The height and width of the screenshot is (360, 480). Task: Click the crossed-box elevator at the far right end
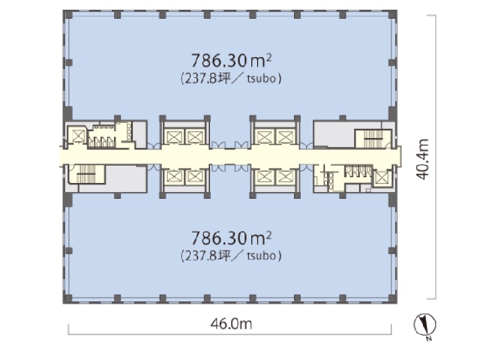pos(382,178)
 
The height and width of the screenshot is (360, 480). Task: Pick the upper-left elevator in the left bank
pos(172,136)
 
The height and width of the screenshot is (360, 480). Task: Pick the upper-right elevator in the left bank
pos(193,136)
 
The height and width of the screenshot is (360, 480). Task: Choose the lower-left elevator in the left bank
pos(172,177)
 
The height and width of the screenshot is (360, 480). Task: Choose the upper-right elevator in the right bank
pos(286,136)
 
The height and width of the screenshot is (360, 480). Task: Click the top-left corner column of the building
pos(66,14)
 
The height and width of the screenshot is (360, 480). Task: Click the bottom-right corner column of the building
pos(393,300)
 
